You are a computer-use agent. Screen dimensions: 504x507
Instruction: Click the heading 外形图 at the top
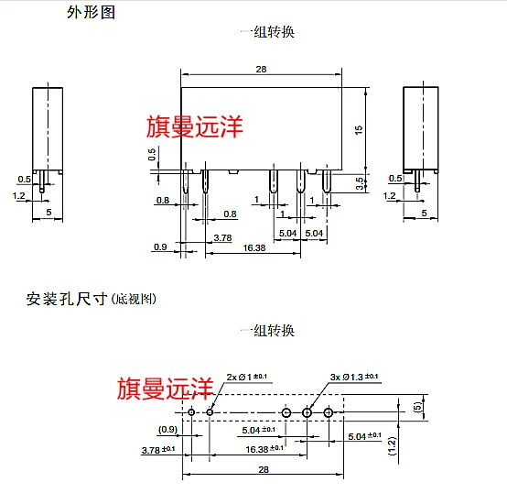point(92,13)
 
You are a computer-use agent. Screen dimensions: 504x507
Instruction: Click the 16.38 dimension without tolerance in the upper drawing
point(254,247)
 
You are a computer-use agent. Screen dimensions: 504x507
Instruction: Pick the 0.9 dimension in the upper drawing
point(161,247)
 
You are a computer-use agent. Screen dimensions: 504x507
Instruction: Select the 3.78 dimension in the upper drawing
point(221,237)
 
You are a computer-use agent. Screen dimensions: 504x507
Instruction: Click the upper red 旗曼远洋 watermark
point(195,126)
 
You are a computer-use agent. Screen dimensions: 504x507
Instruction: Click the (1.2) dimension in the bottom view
point(391,445)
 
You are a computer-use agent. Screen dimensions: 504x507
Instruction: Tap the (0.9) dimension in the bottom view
point(167,429)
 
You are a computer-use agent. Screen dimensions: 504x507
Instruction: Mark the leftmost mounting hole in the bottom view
point(192,413)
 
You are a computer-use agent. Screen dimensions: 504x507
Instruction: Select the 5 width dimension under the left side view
point(48,212)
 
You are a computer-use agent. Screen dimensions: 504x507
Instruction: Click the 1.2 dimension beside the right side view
point(391,196)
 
